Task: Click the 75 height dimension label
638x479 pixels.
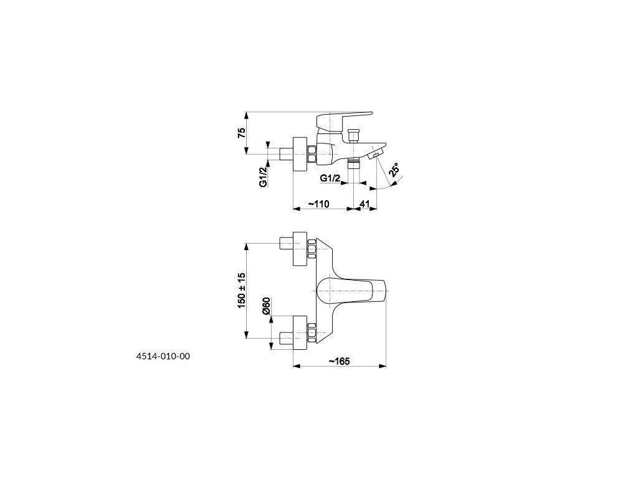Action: (x=242, y=133)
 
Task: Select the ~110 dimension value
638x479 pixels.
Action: (x=318, y=204)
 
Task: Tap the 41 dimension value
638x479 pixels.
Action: (x=364, y=204)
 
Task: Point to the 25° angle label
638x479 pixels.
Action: (x=394, y=169)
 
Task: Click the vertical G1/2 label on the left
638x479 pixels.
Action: (x=264, y=177)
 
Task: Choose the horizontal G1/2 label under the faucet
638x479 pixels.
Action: (x=330, y=178)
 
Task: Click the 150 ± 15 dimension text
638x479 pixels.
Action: (x=242, y=291)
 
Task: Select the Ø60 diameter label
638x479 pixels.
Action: (x=267, y=306)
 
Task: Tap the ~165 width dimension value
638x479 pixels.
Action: (x=339, y=361)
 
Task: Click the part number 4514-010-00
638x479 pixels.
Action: (x=163, y=356)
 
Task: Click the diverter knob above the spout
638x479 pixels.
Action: (x=354, y=135)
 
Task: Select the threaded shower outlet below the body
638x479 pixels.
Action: (x=355, y=164)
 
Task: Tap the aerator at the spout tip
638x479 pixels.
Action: (x=374, y=154)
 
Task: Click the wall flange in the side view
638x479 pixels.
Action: (x=301, y=155)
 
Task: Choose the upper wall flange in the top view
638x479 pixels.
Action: (x=301, y=248)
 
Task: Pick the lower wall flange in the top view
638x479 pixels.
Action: (x=301, y=332)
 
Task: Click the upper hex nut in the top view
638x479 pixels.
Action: (x=312, y=248)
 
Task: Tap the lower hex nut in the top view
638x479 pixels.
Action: (x=312, y=332)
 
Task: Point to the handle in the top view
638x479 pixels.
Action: (x=351, y=291)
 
